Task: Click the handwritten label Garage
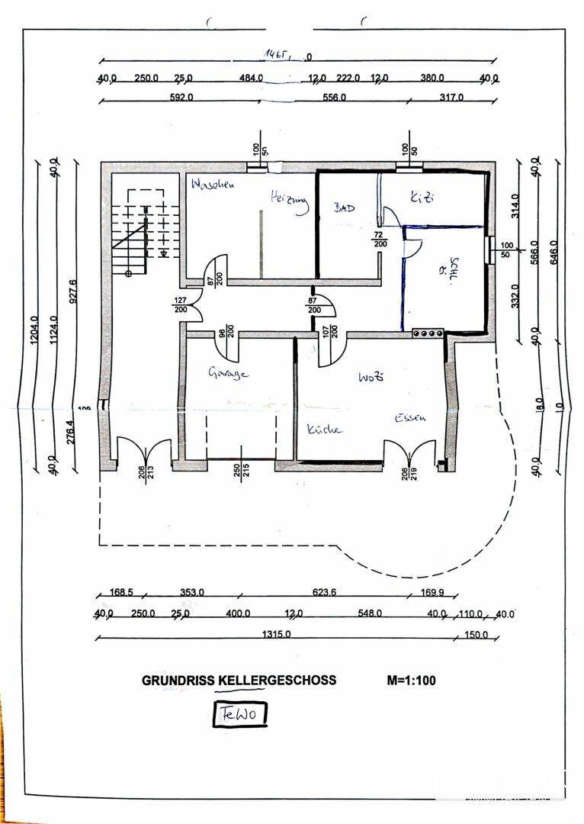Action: pyautogui.click(x=229, y=373)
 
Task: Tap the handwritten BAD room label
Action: pyautogui.click(x=344, y=208)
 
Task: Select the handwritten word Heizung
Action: pyautogui.click(x=290, y=200)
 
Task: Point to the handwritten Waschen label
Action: pyautogui.click(x=213, y=185)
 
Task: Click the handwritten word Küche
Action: pyautogui.click(x=324, y=430)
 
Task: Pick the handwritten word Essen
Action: pyautogui.click(x=409, y=418)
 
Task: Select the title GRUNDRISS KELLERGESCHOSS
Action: pyautogui.click(x=239, y=681)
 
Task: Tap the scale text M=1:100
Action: pyautogui.click(x=411, y=681)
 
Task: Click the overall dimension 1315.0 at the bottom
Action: pyautogui.click(x=277, y=634)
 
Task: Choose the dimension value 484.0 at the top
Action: pyautogui.click(x=250, y=78)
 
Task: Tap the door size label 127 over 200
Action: pyautogui.click(x=180, y=305)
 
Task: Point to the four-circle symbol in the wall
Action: pyautogui.click(x=427, y=333)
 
